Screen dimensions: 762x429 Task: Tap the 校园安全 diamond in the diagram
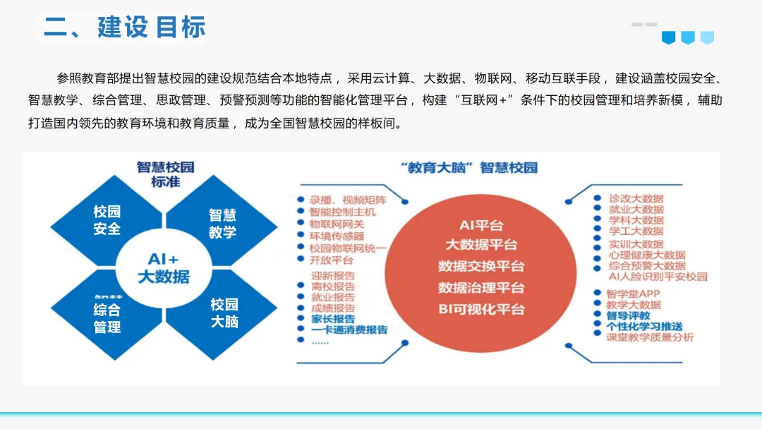[107, 220]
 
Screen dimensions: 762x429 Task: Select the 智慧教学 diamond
[222, 224]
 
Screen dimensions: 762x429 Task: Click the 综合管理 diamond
[107, 318]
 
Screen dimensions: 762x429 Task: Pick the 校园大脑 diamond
[224, 313]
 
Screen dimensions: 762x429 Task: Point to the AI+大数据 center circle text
[164, 267]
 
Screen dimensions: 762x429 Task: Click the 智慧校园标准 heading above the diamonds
[165, 174]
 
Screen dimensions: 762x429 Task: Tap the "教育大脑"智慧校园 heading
[468, 168]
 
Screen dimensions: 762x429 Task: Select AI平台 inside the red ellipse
[481, 226]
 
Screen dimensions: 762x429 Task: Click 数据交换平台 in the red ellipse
[481, 267]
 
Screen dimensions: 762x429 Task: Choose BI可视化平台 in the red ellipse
[481, 309]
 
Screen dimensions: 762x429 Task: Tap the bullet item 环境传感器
[337, 236]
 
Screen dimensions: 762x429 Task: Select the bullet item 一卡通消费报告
[349, 330]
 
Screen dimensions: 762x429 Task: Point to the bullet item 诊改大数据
[636, 200]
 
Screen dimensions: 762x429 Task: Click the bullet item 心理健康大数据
[647, 255]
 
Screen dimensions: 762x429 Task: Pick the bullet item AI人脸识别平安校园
[658, 276]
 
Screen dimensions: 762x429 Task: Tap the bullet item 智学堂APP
[633, 294]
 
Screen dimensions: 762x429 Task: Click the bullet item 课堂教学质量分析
[650, 337]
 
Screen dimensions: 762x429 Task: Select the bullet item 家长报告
[333, 318]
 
